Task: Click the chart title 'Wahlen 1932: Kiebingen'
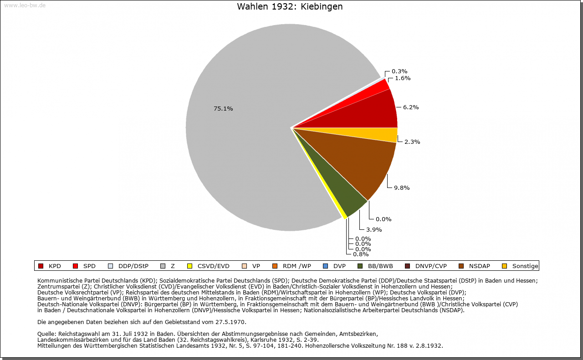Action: [x=290, y=6]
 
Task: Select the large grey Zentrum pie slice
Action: [x=247, y=130]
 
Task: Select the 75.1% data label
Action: [x=223, y=109]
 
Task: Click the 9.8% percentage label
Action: [x=402, y=188]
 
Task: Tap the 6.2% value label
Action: [x=411, y=107]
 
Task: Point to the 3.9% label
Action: [x=374, y=230]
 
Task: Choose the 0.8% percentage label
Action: [x=361, y=254]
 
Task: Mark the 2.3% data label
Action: [x=412, y=142]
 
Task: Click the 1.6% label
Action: [x=403, y=78]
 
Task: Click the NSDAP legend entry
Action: [x=475, y=266]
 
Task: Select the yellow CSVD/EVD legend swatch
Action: [x=190, y=266]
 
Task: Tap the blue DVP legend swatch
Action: [x=325, y=266]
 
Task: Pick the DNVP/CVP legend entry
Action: [x=426, y=266]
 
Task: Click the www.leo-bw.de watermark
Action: [x=25, y=5]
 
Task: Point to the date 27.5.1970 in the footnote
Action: [x=230, y=322]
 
